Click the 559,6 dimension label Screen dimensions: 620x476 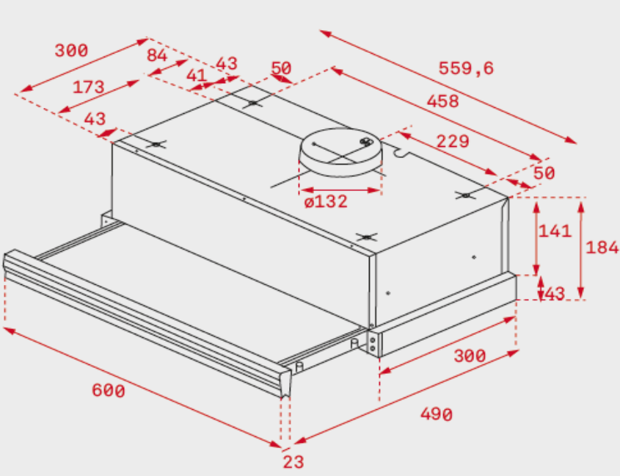[x=466, y=68]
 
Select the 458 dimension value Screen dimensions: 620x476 [x=442, y=101]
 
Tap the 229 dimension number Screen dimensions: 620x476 [x=453, y=141]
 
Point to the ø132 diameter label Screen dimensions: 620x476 [x=326, y=202]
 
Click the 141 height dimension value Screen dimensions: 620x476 [x=555, y=231]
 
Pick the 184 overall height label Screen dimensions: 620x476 [x=602, y=248]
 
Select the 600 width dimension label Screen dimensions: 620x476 [x=109, y=391]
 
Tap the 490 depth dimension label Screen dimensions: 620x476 [x=436, y=414]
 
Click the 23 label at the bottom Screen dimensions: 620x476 [x=293, y=462]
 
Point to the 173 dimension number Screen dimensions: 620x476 [x=88, y=87]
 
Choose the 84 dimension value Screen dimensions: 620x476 [x=157, y=55]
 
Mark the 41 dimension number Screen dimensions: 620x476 [x=196, y=75]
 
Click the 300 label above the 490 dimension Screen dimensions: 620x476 [x=470, y=356]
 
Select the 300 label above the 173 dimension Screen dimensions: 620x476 [x=71, y=51]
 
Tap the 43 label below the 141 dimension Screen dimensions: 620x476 [x=555, y=294]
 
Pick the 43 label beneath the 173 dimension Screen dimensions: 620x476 [x=95, y=119]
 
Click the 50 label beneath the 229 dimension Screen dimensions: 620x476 [x=544, y=173]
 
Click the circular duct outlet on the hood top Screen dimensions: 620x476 [x=341, y=152]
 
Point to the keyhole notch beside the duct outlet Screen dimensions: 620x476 [x=401, y=151]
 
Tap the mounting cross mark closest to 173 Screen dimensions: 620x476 [x=156, y=145]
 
